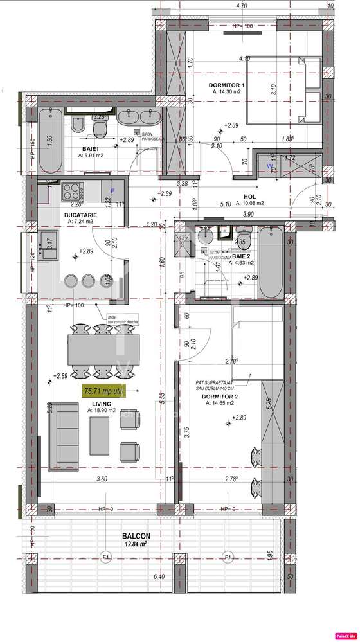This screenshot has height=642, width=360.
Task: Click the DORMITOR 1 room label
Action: click(x=228, y=85)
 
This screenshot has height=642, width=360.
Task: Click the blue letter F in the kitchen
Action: click(x=113, y=191)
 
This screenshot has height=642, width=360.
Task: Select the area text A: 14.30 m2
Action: click(x=228, y=92)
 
